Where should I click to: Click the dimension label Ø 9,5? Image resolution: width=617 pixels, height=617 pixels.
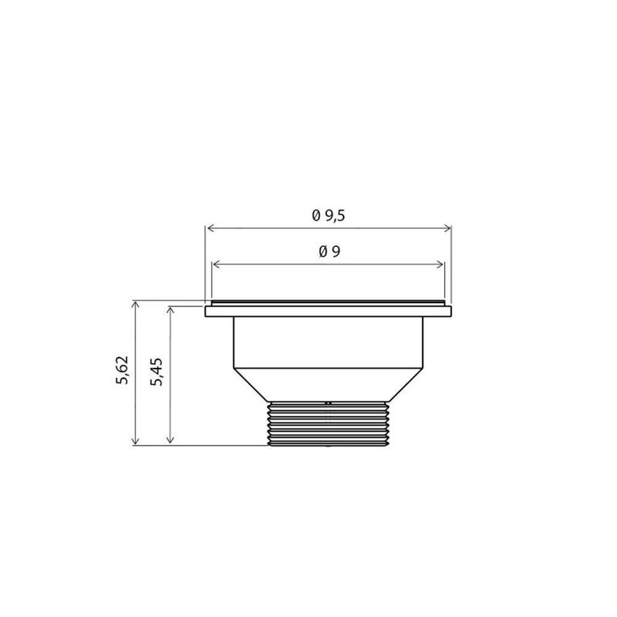tap(328, 217)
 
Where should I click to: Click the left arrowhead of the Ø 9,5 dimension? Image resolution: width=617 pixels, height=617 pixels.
tap(208, 228)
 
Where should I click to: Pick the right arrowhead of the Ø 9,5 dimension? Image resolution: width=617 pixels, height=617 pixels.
tap(448, 228)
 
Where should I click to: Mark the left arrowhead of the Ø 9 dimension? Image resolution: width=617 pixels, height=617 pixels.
tap(215, 265)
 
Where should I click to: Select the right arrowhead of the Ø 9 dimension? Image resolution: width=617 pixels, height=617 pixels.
tap(441, 265)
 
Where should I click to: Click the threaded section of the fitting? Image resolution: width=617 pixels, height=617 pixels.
tap(328, 425)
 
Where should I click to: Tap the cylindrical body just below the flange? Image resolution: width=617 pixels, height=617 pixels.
tap(328, 343)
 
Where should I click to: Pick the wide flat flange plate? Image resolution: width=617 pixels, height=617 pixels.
tap(328, 312)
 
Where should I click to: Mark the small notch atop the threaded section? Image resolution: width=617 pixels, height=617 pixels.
tap(328, 402)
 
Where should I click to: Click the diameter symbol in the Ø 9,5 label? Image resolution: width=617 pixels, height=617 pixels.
tap(316, 217)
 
